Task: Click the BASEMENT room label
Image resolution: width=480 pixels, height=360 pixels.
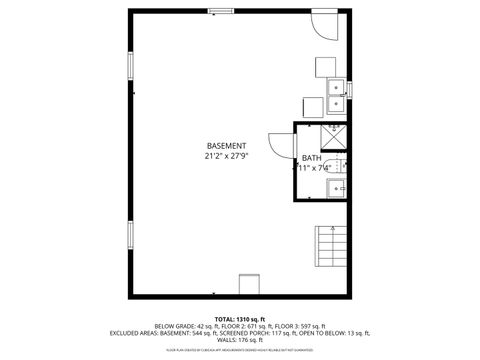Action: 226,146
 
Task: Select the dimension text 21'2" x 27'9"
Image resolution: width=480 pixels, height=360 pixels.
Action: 226,156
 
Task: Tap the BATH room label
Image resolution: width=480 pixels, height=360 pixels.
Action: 311,158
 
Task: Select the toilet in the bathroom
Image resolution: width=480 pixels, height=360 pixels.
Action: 340,166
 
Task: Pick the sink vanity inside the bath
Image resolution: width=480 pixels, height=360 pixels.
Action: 339,187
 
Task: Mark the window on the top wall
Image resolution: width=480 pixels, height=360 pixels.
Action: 220,11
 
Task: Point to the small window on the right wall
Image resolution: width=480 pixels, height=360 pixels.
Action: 351,91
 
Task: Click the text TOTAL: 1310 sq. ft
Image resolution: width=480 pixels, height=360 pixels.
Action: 239,317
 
